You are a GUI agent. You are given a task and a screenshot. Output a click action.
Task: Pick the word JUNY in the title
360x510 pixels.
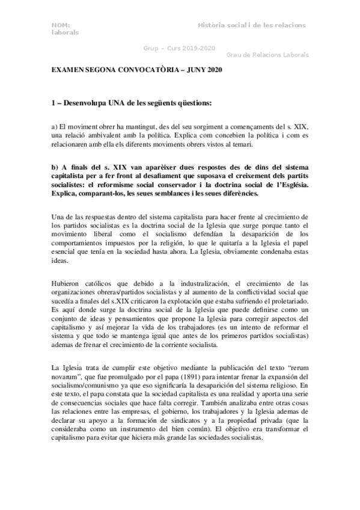tap(196, 72)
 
